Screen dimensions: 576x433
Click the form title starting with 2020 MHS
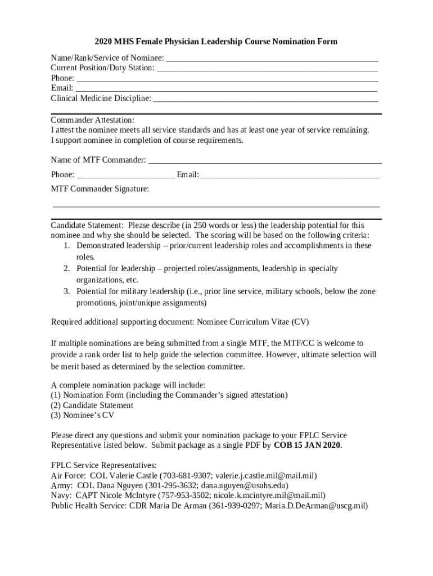coord(216,42)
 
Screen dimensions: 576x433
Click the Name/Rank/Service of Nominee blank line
coord(272,58)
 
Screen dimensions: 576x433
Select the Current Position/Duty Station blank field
coord(267,69)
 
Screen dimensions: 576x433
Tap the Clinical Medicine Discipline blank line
coord(265,99)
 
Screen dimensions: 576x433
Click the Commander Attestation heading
coord(93,120)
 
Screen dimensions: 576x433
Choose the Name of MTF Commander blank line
coord(264,161)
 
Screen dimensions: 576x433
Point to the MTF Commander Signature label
coord(100,189)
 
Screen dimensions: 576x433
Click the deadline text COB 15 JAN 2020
coord(307,445)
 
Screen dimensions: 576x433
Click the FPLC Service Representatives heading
coord(103,466)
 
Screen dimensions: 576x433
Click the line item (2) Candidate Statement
coord(92,405)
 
